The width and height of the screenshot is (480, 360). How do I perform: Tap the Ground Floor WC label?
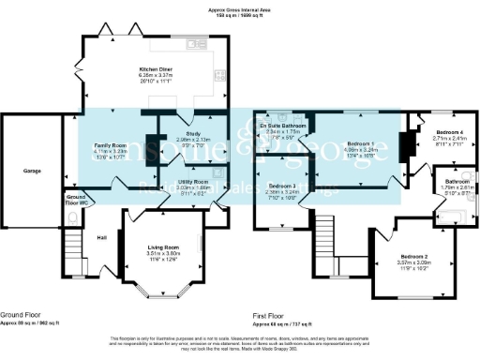coord(76,199)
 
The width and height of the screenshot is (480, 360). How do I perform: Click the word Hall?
coord(101,235)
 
